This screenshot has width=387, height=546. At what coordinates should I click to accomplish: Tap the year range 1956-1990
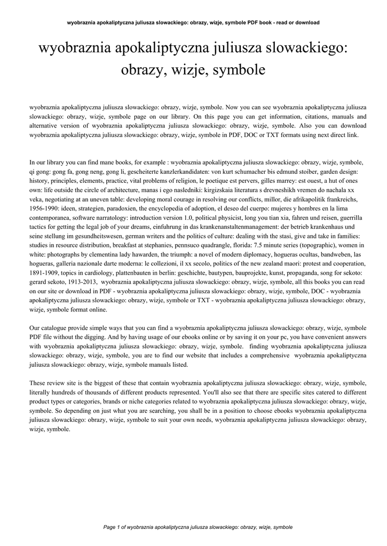(x=44, y=207)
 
